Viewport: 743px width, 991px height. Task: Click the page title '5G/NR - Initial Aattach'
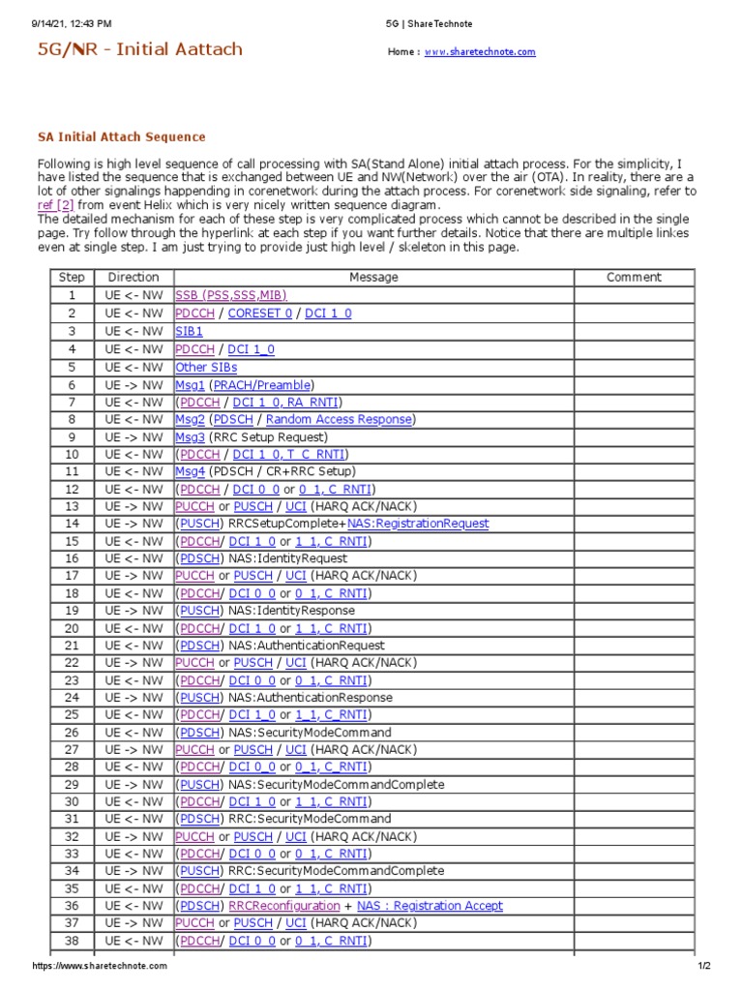click(139, 49)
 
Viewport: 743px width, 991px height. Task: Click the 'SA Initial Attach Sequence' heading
click(121, 137)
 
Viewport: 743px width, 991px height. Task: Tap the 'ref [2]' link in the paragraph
click(55, 205)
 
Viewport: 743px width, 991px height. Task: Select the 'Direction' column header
click(134, 278)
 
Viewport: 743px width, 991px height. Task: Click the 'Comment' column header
click(634, 278)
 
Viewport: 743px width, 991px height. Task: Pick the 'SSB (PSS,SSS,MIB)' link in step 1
click(230, 295)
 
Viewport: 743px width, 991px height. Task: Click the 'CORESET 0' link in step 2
click(259, 313)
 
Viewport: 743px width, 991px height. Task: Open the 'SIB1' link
click(189, 331)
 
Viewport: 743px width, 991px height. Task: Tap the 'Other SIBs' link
click(206, 368)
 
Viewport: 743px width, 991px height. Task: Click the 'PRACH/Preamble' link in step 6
click(263, 385)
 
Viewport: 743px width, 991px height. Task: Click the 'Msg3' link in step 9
click(191, 437)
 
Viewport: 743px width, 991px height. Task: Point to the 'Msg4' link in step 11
click(191, 471)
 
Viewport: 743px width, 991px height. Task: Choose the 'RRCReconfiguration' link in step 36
click(283, 906)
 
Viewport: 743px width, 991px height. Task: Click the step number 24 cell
click(72, 698)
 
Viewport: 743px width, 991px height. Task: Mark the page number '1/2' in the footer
click(703, 966)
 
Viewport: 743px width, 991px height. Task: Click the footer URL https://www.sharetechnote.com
click(100, 966)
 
